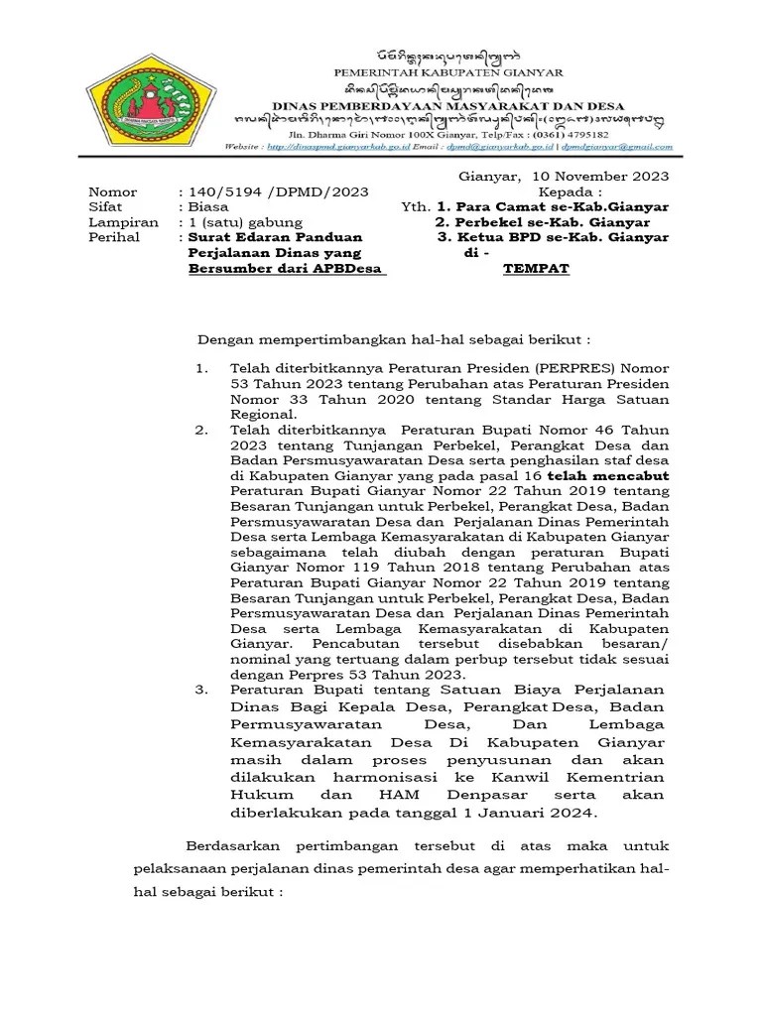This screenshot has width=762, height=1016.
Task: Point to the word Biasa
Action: pyautogui.click(x=208, y=207)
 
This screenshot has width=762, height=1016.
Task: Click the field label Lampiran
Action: pyautogui.click(x=123, y=222)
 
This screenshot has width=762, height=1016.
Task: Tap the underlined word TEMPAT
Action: pyautogui.click(x=536, y=268)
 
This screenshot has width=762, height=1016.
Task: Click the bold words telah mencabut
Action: pyautogui.click(x=622, y=476)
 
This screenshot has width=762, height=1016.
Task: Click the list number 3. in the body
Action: pyautogui.click(x=200, y=689)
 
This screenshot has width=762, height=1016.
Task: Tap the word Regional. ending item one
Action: pyautogui.click(x=263, y=414)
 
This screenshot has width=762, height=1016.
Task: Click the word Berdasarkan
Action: pyautogui.click(x=232, y=845)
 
